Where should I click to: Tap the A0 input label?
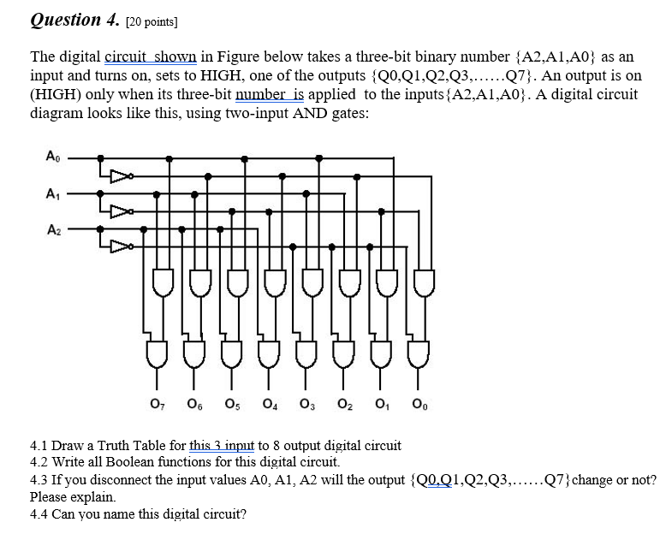pyautogui.click(x=51, y=157)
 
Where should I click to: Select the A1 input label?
pyautogui.click(x=51, y=193)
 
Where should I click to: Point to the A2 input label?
pyautogui.click(x=51, y=229)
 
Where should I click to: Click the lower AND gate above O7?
pyautogui.click(x=158, y=352)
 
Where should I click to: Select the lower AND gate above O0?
pyautogui.click(x=419, y=352)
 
